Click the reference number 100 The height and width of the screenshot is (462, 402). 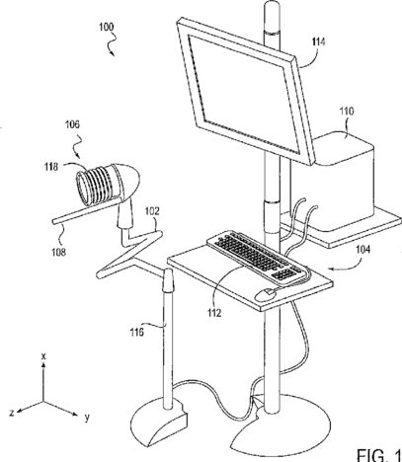pos(107,27)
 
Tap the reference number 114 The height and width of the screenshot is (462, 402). pos(318,42)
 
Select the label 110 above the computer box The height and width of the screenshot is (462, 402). pos(347,112)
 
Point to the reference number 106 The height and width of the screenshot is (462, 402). pos(72,124)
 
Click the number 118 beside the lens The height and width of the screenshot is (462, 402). pos(51,167)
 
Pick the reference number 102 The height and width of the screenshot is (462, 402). pos(152,211)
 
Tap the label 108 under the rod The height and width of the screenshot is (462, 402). pos(58,252)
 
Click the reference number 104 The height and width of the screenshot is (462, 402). pos(362,250)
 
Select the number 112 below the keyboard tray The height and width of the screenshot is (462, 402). pos(214,313)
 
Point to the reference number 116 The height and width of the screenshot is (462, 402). pos(136,332)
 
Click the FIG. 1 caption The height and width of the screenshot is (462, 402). pos(379,454)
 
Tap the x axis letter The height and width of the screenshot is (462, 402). pos(43,356)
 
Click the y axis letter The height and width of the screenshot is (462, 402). pos(87,418)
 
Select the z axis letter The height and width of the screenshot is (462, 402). pos(12,413)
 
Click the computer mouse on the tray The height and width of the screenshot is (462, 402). pos(266,294)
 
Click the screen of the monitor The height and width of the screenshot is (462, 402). pos(243,94)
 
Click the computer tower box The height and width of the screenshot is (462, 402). pos(343,180)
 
